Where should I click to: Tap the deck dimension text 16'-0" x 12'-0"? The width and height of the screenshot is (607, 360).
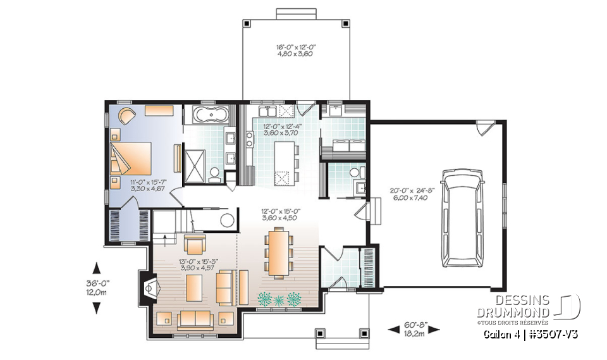pyautogui.click(x=295, y=51)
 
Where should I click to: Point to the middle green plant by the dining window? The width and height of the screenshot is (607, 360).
pyautogui.click(x=279, y=298)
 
